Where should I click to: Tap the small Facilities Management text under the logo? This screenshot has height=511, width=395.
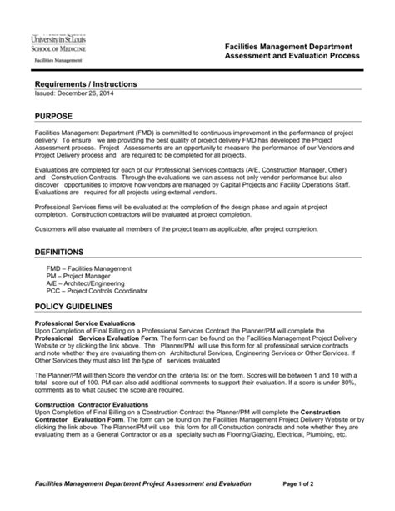57,61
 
